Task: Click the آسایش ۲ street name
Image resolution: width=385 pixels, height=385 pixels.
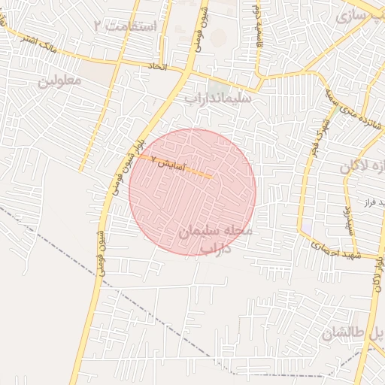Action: coord(168,162)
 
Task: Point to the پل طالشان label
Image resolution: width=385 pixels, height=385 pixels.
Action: coord(353,332)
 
